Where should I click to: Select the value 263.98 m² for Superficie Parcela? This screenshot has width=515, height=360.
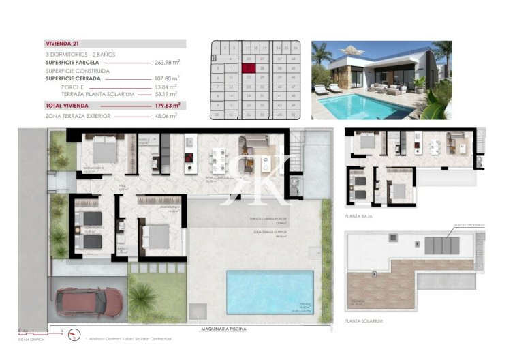click(x=167, y=62)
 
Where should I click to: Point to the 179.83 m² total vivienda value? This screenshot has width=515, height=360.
click(x=167, y=106)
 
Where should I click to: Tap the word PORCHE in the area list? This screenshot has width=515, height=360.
click(x=72, y=87)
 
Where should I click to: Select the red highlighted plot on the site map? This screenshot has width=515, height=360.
click(x=251, y=68)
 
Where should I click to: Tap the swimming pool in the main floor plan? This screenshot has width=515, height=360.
click(x=270, y=292)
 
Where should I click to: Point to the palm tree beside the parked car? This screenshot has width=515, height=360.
click(x=143, y=297)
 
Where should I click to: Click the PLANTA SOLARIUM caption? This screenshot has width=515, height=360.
click(x=363, y=320)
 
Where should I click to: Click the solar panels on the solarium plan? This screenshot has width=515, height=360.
click(x=442, y=244)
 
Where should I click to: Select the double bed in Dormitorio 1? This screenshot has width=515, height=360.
click(x=157, y=236)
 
